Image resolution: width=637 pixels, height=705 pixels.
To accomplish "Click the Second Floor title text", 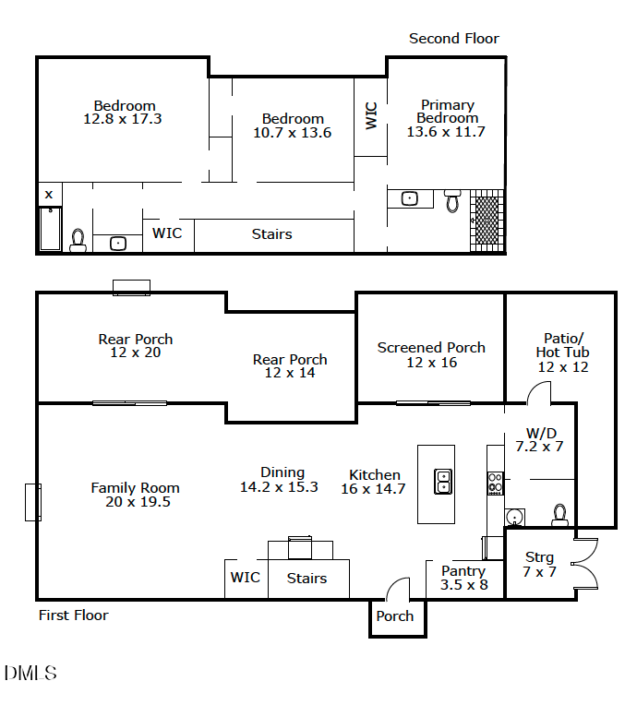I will point(453,39).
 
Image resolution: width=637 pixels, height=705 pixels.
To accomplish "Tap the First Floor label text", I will point(73,615).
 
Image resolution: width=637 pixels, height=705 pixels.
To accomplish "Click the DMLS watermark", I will point(30,673).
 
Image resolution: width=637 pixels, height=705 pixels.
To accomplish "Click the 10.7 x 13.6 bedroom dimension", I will point(292,133).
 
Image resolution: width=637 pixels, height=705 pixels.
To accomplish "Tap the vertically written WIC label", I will point(371,115).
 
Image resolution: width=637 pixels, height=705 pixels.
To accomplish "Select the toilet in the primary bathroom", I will point(452,200).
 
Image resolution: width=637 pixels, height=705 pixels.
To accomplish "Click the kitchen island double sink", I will point(443,482).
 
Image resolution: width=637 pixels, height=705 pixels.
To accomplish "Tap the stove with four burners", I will point(496,483).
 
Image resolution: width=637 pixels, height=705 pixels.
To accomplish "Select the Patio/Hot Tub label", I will point(562,352).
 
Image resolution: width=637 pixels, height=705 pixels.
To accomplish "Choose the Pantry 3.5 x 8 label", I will point(463,579).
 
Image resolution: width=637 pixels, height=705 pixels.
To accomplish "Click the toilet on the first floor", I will point(559,514).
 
